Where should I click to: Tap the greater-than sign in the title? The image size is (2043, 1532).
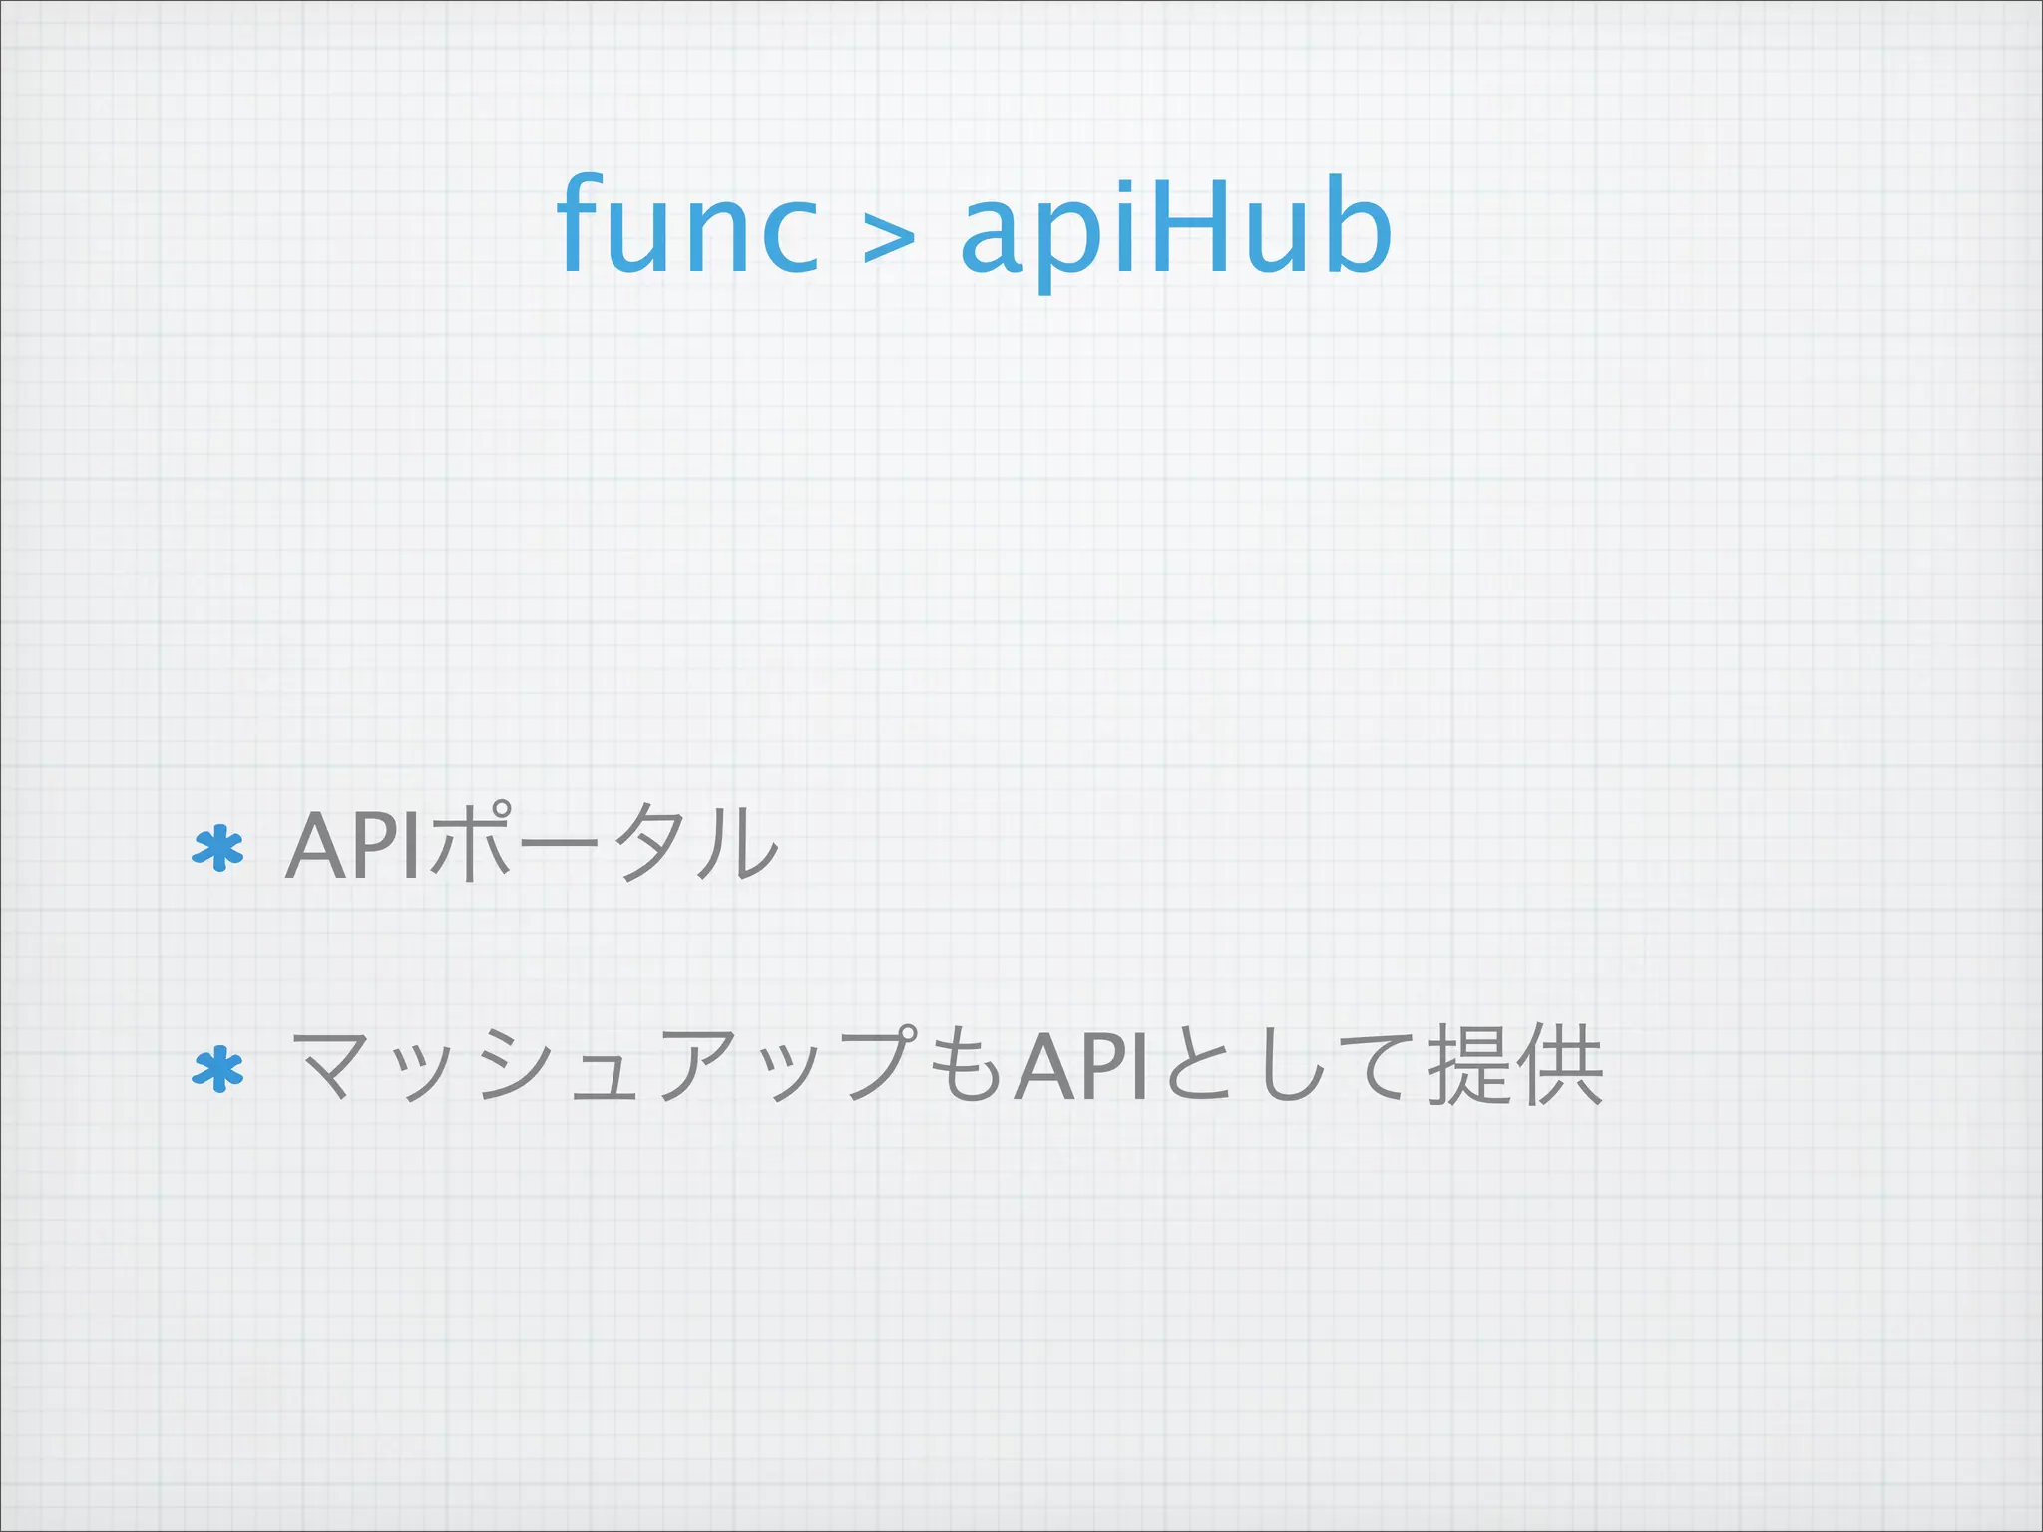point(888,239)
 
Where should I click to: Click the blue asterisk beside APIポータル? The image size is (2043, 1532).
point(217,850)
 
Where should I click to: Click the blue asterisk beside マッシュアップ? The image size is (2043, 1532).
point(217,1071)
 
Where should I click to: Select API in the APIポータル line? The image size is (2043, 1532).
point(354,846)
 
